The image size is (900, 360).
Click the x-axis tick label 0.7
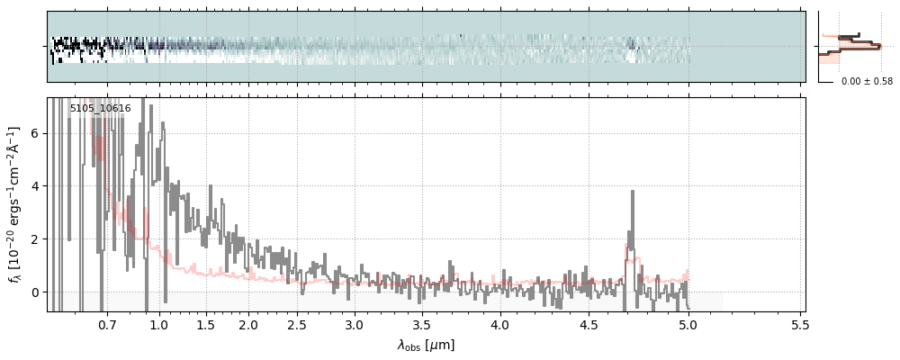(107, 324)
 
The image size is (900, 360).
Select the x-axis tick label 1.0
(159, 324)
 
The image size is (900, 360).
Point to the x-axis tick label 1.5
(205, 324)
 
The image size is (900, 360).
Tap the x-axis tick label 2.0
(248, 324)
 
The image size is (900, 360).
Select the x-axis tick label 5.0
(688, 324)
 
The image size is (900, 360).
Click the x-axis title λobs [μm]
(426, 345)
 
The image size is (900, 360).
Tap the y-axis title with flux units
(14, 205)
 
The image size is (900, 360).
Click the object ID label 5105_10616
(100, 109)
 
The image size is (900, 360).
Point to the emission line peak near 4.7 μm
(633, 192)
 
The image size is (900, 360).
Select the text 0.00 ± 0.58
(867, 81)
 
